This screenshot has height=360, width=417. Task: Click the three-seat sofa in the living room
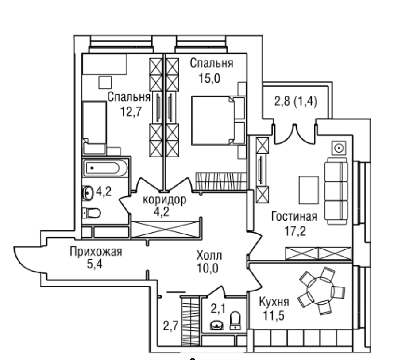point(336,191)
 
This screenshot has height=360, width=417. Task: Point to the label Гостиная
point(294,217)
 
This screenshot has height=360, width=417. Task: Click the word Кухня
point(274,302)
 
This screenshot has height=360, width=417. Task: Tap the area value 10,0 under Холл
point(208,268)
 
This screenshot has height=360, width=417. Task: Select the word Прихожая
point(96,251)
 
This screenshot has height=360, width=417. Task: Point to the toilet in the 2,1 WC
point(235,320)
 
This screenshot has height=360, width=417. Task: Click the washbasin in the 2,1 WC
point(217,325)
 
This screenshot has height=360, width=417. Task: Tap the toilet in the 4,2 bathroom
point(92,213)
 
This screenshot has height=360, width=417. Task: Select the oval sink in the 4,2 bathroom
point(88,193)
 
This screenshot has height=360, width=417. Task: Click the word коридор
point(164,200)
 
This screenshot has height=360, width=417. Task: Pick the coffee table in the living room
point(309,190)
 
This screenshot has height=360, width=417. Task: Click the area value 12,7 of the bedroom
point(131,111)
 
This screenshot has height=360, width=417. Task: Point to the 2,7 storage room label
point(170,326)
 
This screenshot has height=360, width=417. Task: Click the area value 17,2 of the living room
point(295,231)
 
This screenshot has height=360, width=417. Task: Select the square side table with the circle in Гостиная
point(339,148)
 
